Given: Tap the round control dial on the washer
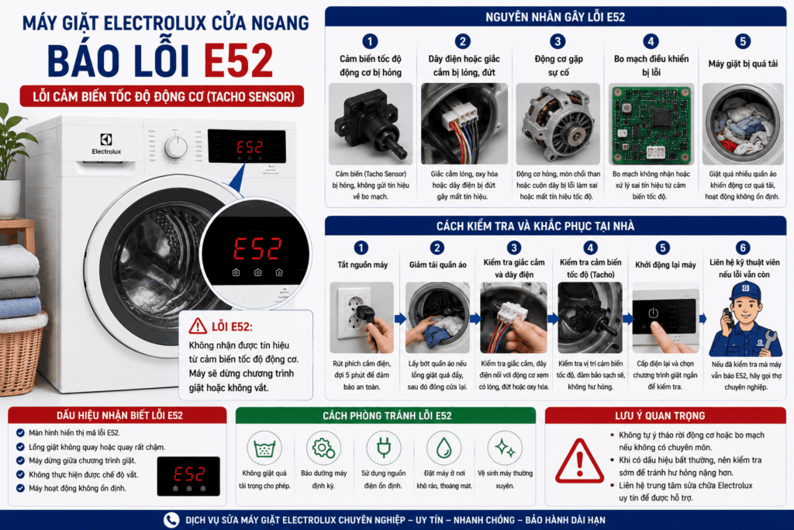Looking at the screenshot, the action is pos(176,147).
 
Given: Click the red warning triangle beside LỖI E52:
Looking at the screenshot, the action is pos(198,327).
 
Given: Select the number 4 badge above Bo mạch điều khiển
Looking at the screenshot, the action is pos(651,42).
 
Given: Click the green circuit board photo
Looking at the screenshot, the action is pos(651,125).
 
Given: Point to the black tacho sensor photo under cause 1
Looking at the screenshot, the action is pos(371,124).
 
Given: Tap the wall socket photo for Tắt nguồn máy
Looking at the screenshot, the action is pos(361,317).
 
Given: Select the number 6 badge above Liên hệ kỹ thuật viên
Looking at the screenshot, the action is pos(743,248).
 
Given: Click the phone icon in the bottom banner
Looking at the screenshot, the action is pos(171,520).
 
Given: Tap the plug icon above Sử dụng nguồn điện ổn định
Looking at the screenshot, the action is pos(383,448).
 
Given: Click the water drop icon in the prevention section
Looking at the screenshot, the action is pos(444,448).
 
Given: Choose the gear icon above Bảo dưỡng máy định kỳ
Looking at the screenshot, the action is pos(323,448).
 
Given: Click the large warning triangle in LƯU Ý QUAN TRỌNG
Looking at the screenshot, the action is pos(580,462).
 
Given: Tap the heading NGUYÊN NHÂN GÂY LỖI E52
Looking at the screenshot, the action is pos(555,17).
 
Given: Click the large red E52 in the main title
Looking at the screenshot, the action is pos(239,61).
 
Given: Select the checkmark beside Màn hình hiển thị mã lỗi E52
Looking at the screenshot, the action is pos(20,433).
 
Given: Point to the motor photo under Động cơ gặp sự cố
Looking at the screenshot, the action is pos(558,125).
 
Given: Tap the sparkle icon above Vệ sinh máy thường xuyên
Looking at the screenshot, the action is pos(505,448).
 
